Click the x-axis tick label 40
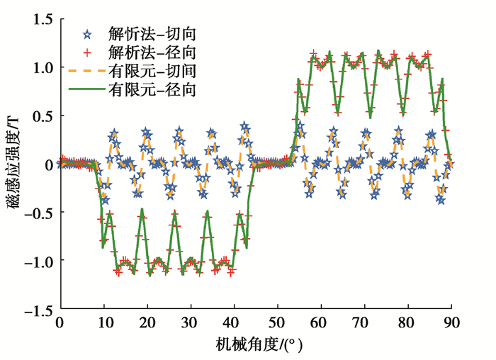click(x=234, y=323)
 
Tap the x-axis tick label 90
click(x=451, y=323)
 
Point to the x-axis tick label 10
click(x=103, y=323)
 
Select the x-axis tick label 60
click(x=321, y=323)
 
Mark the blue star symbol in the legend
click(x=87, y=33)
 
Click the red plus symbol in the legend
click(x=87, y=52)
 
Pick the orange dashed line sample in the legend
click(x=87, y=71)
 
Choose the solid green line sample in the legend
click(x=87, y=89)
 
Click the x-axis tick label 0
click(x=60, y=323)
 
